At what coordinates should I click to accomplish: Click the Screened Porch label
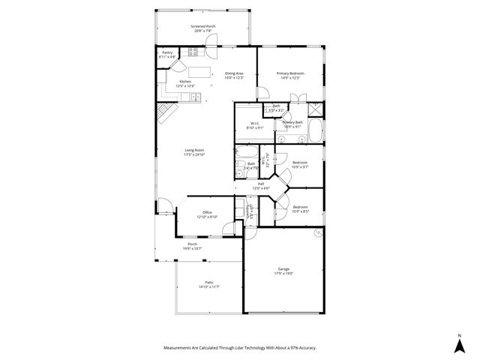202,27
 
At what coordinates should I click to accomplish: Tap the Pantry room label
166,52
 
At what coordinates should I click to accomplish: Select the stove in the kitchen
193,52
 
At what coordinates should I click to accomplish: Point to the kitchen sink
193,97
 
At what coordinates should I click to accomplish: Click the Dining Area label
235,73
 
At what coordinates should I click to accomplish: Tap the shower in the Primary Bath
316,108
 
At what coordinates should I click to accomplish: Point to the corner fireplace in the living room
165,114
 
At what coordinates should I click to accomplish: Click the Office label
207,212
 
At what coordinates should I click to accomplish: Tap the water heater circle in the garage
319,233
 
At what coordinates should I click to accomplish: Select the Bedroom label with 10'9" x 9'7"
300,165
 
